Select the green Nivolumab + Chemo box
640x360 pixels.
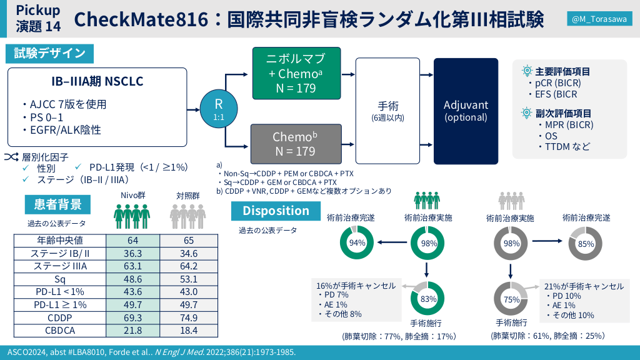pyautogui.click(x=296, y=73)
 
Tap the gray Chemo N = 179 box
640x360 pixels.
pyautogui.click(x=296, y=144)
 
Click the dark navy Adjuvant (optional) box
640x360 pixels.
pyautogui.click(x=466, y=111)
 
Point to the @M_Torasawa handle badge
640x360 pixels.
pyautogui.click(x=599, y=19)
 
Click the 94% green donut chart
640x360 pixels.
pyautogui.click(x=357, y=243)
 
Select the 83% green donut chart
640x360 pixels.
pyautogui.click(x=427, y=298)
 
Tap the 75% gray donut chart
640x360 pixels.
pyautogui.click(x=511, y=299)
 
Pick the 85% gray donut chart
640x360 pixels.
pyautogui.click(x=585, y=244)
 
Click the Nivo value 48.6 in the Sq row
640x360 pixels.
pyautogui.click(x=132, y=279)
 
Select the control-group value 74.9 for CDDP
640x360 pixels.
pyautogui.click(x=189, y=317)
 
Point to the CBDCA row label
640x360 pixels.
pyautogui.click(x=60, y=330)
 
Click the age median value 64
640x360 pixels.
pyautogui.click(x=132, y=241)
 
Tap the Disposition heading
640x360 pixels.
pyautogui.click(x=276, y=211)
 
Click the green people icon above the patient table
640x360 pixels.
pyautogui.click(x=131, y=216)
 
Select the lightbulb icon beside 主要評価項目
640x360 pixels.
pyautogui.click(x=527, y=71)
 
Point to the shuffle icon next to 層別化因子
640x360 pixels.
pyautogui.click(x=11, y=157)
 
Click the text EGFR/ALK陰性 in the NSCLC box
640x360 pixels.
pyautogui.click(x=65, y=130)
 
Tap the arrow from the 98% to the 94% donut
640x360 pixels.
pyautogui.click(x=392, y=242)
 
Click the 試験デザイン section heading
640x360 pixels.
pyautogui.click(x=49, y=54)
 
